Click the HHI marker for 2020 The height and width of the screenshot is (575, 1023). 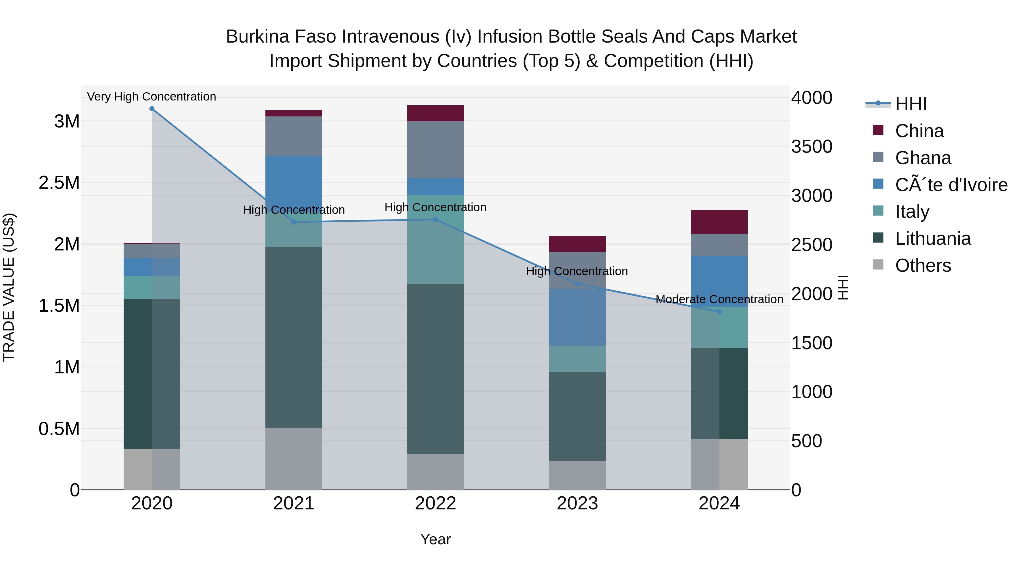(x=152, y=109)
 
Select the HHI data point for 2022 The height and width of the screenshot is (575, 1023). (x=435, y=219)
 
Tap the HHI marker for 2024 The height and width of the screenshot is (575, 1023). (x=719, y=312)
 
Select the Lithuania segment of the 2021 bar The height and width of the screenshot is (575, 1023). (x=294, y=337)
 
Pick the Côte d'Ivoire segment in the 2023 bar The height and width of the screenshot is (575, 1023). (x=577, y=317)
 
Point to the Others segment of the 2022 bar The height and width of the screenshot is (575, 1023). (x=435, y=472)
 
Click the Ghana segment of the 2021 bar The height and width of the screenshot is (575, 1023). (x=294, y=136)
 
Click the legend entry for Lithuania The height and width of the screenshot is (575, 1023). (x=933, y=239)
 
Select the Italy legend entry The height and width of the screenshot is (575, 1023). (x=912, y=212)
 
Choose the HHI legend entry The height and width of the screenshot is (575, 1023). (x=911, y=104)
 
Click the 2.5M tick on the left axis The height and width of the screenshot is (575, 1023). (x=59, y=183)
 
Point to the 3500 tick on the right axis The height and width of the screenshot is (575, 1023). (x=812, y=147)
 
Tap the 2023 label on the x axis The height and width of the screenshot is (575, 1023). (x=577, y=503)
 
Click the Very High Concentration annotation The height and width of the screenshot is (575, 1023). (x=152, y=97)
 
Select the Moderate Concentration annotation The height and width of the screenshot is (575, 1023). (x=719, y=299)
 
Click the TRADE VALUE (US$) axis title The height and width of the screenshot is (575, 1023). (x=9, y=287)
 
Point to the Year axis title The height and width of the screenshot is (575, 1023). (x=435, y=539)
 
